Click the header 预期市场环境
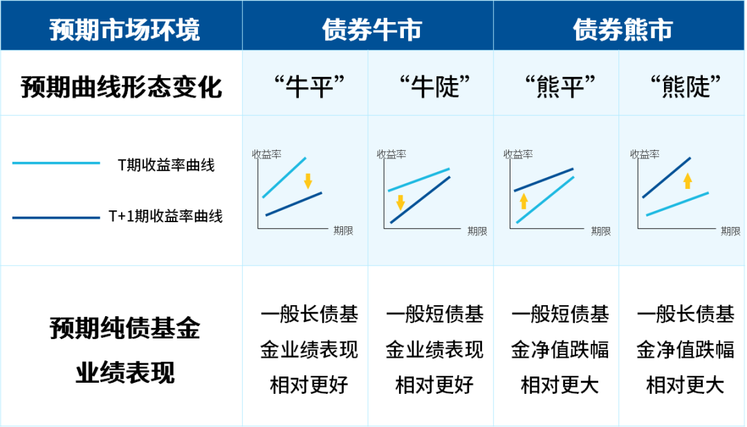[x=124, y=30]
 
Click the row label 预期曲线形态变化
[x=122, y=87]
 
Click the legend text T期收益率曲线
[x=166, y=165]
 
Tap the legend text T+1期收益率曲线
[x=165, y=216]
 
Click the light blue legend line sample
[x=56, y=163]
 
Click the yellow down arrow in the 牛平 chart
[x=308, y=181]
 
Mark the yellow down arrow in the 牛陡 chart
[x=400, y=203]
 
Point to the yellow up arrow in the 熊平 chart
[x=524, y=201]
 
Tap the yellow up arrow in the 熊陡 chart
[x=688, y=181]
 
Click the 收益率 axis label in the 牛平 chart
[x=267, y=154]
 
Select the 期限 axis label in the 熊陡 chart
[x=730, y=231]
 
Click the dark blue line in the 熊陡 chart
[x=667, y=177]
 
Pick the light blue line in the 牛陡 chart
[x=418, y=180]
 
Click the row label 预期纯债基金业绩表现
[x=124, y=350]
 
